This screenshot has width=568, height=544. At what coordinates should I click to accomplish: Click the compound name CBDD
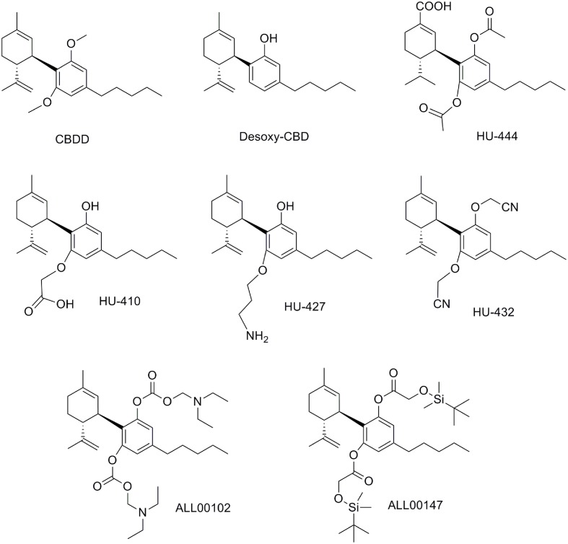[72, 139]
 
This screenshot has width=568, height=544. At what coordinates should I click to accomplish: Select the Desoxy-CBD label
[274, 137]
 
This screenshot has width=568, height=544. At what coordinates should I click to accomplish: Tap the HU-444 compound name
[497, 136]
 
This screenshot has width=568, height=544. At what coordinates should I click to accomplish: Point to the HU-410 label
[120, 301]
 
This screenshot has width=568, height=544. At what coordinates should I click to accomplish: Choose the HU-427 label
[305, 307]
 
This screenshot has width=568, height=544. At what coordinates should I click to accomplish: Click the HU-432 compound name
[494, 312]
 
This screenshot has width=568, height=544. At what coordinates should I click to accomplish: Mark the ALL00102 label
[203, 508]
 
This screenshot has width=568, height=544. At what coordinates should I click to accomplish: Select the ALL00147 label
[415, 505]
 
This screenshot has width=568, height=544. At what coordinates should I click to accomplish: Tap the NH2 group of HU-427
[257, 336]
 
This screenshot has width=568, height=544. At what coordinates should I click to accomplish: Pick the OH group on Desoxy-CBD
[268, 38]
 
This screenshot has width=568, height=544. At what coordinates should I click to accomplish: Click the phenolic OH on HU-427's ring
[285, 206]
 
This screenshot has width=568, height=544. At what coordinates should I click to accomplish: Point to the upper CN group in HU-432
[510, 207]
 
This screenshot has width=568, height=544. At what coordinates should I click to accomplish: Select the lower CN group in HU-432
[442, 304]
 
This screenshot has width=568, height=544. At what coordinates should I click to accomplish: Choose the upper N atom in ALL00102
[198, 401]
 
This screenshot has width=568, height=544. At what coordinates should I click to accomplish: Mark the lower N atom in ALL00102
[144, 512]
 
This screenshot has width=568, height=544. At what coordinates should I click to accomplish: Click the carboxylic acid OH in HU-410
[65, 304]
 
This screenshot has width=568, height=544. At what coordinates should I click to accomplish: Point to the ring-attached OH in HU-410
[90, 206]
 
